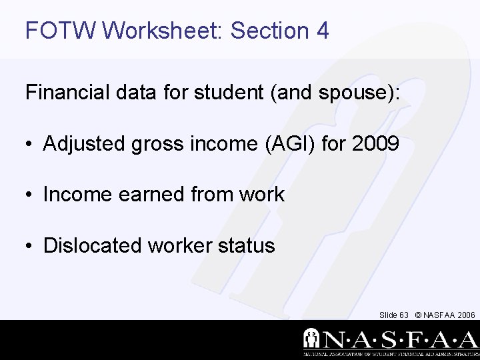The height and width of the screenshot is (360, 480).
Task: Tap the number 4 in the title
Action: [323, 30]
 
